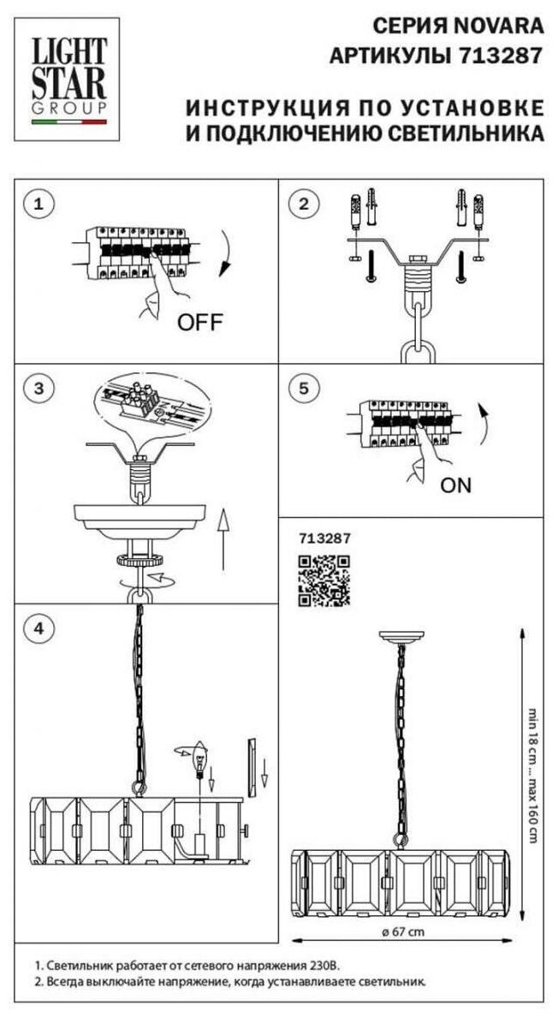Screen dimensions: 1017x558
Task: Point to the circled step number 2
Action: click(x=304, y=205)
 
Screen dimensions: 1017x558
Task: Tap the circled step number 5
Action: click(x=304, y=388)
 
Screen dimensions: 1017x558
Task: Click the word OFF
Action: click(x=199, y=323)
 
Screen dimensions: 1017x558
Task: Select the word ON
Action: click(x=455, y=485)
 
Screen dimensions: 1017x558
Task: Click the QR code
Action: click(x=324, y=580)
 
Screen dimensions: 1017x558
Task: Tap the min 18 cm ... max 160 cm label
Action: click(x=533, y=773)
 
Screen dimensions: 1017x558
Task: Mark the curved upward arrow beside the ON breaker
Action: click(x=485, y=425)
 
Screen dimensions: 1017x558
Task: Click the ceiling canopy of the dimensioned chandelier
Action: click(x=402, y=637)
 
